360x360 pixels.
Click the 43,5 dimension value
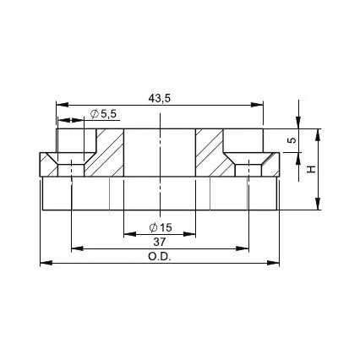(160, 99)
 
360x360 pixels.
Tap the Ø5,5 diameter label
(103, 114)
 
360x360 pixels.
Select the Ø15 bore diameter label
(161, 227)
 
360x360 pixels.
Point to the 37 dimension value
(160, 242)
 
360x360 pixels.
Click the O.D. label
(160, 257)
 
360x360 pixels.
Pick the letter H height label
(311, 169)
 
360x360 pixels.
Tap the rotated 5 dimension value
(293, 140)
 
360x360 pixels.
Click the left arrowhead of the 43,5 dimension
(63, 105)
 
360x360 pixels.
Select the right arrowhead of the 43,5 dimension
(257, 105)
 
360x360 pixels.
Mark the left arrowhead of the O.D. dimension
(46, 263)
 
